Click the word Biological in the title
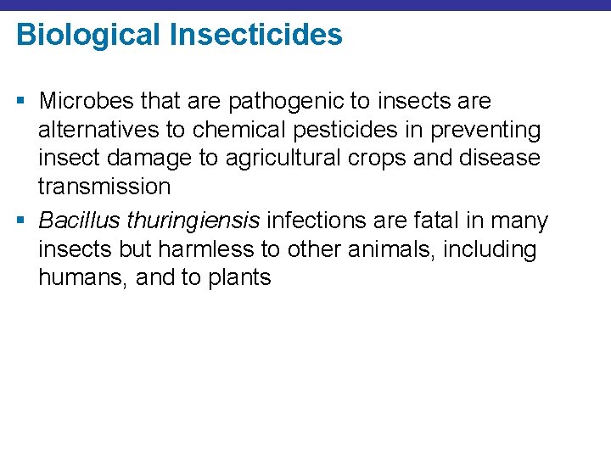tap(86, 36)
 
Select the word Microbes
tap(87, 101)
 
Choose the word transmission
tap(104, 187)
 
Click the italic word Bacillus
tap(79, 221)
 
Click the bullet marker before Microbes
tap(20, 102)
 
